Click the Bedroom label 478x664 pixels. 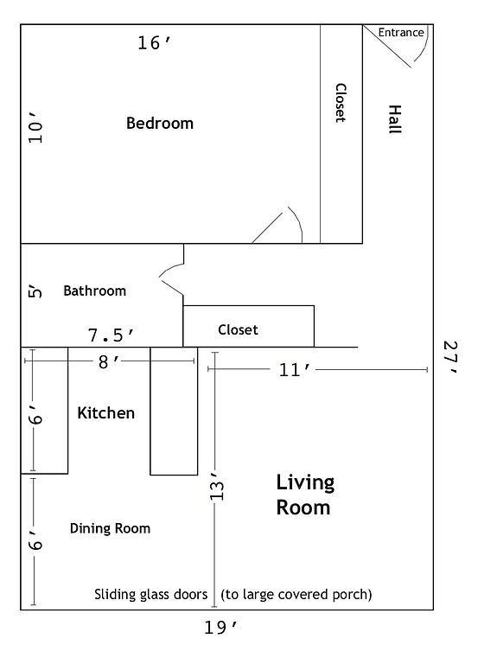pos(160,124)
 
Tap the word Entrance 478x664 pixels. pos(401,33)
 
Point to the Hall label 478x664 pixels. pos(395,119)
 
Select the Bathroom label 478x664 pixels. pos(95,290)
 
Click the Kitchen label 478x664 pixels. pos(105,413)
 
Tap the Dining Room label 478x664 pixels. pos(110,528)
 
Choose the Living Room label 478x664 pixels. pos(305,495)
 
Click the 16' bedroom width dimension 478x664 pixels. pos(154,42)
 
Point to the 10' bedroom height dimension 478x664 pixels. pos(35,128)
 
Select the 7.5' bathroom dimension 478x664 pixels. pos(111,335)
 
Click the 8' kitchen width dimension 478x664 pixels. pos(109,362)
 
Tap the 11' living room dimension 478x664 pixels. pos(295,370)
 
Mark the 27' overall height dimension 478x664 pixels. pos(449,357)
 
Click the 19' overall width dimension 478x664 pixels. pos(220,627)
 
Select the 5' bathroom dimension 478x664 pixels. pos(35,292)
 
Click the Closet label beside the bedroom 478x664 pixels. pos(341,103)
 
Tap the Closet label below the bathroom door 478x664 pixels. pos(238,330)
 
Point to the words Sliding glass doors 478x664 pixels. pos(150,595)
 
